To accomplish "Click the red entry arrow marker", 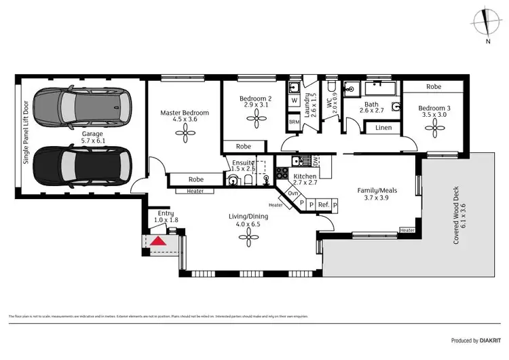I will (x=158, y=240).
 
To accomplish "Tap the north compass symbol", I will (x=487, y=22).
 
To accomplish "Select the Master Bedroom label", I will (x=185, y=115).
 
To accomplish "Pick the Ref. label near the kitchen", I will (x=324, y=204).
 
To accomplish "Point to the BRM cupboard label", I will (x=294, y=122).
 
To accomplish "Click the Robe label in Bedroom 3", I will (x=434, y=87).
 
